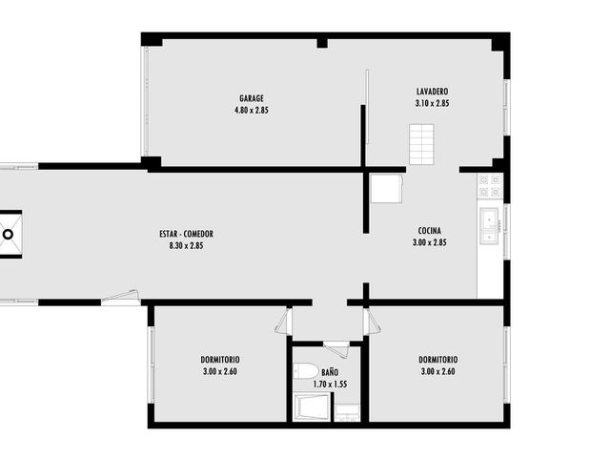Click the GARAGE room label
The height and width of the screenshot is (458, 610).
click(x=252, y=98)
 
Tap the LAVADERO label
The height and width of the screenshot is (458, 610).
click(x=432, y=92)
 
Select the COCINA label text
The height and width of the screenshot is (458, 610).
click(x=430, y=231)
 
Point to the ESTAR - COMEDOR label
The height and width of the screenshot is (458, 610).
click(x=187, y=234)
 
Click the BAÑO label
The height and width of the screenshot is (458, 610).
click(x=330, y=372)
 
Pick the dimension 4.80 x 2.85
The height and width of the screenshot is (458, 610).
click(x=252, y=111)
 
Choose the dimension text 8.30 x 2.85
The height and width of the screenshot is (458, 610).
click(x=187, y=246)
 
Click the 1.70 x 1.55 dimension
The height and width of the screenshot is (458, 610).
click(x=330, y=385)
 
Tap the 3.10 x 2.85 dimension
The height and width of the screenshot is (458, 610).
click(x=432, y=103)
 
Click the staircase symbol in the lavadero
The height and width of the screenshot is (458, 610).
click(x=421, y=144)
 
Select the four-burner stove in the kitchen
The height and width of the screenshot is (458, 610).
click(x=490, y=186)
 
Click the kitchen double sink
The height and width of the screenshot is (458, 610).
click(x=489, y=226)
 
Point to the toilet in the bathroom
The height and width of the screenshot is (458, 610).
click(x=306, y=371)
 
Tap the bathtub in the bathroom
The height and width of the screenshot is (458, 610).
click(x=312, y=407)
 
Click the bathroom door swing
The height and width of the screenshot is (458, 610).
click(x=335, y=349)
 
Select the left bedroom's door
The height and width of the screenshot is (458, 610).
click(x=283, y=321)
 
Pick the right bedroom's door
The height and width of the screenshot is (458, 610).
click(x=373, y=321)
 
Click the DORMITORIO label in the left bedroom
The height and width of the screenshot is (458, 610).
click(x=220, y=360)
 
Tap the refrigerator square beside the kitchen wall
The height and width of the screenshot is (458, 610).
click(x=386, y=189)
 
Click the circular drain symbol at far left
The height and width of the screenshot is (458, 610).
click(x=9, y=235)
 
